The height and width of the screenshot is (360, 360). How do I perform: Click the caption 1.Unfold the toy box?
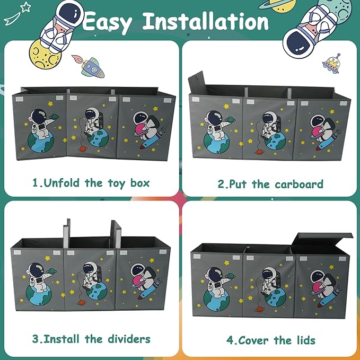91,183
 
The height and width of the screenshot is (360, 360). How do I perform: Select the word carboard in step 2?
299,185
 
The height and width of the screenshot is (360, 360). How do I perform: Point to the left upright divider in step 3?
67,233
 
